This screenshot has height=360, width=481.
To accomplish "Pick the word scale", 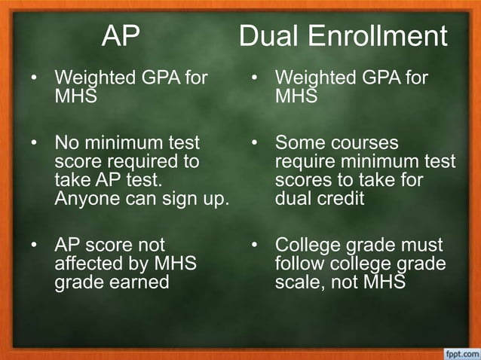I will point(299,283).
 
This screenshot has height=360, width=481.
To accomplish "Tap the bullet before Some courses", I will point(256,142).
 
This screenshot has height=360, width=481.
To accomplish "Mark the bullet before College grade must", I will point(256,246).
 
